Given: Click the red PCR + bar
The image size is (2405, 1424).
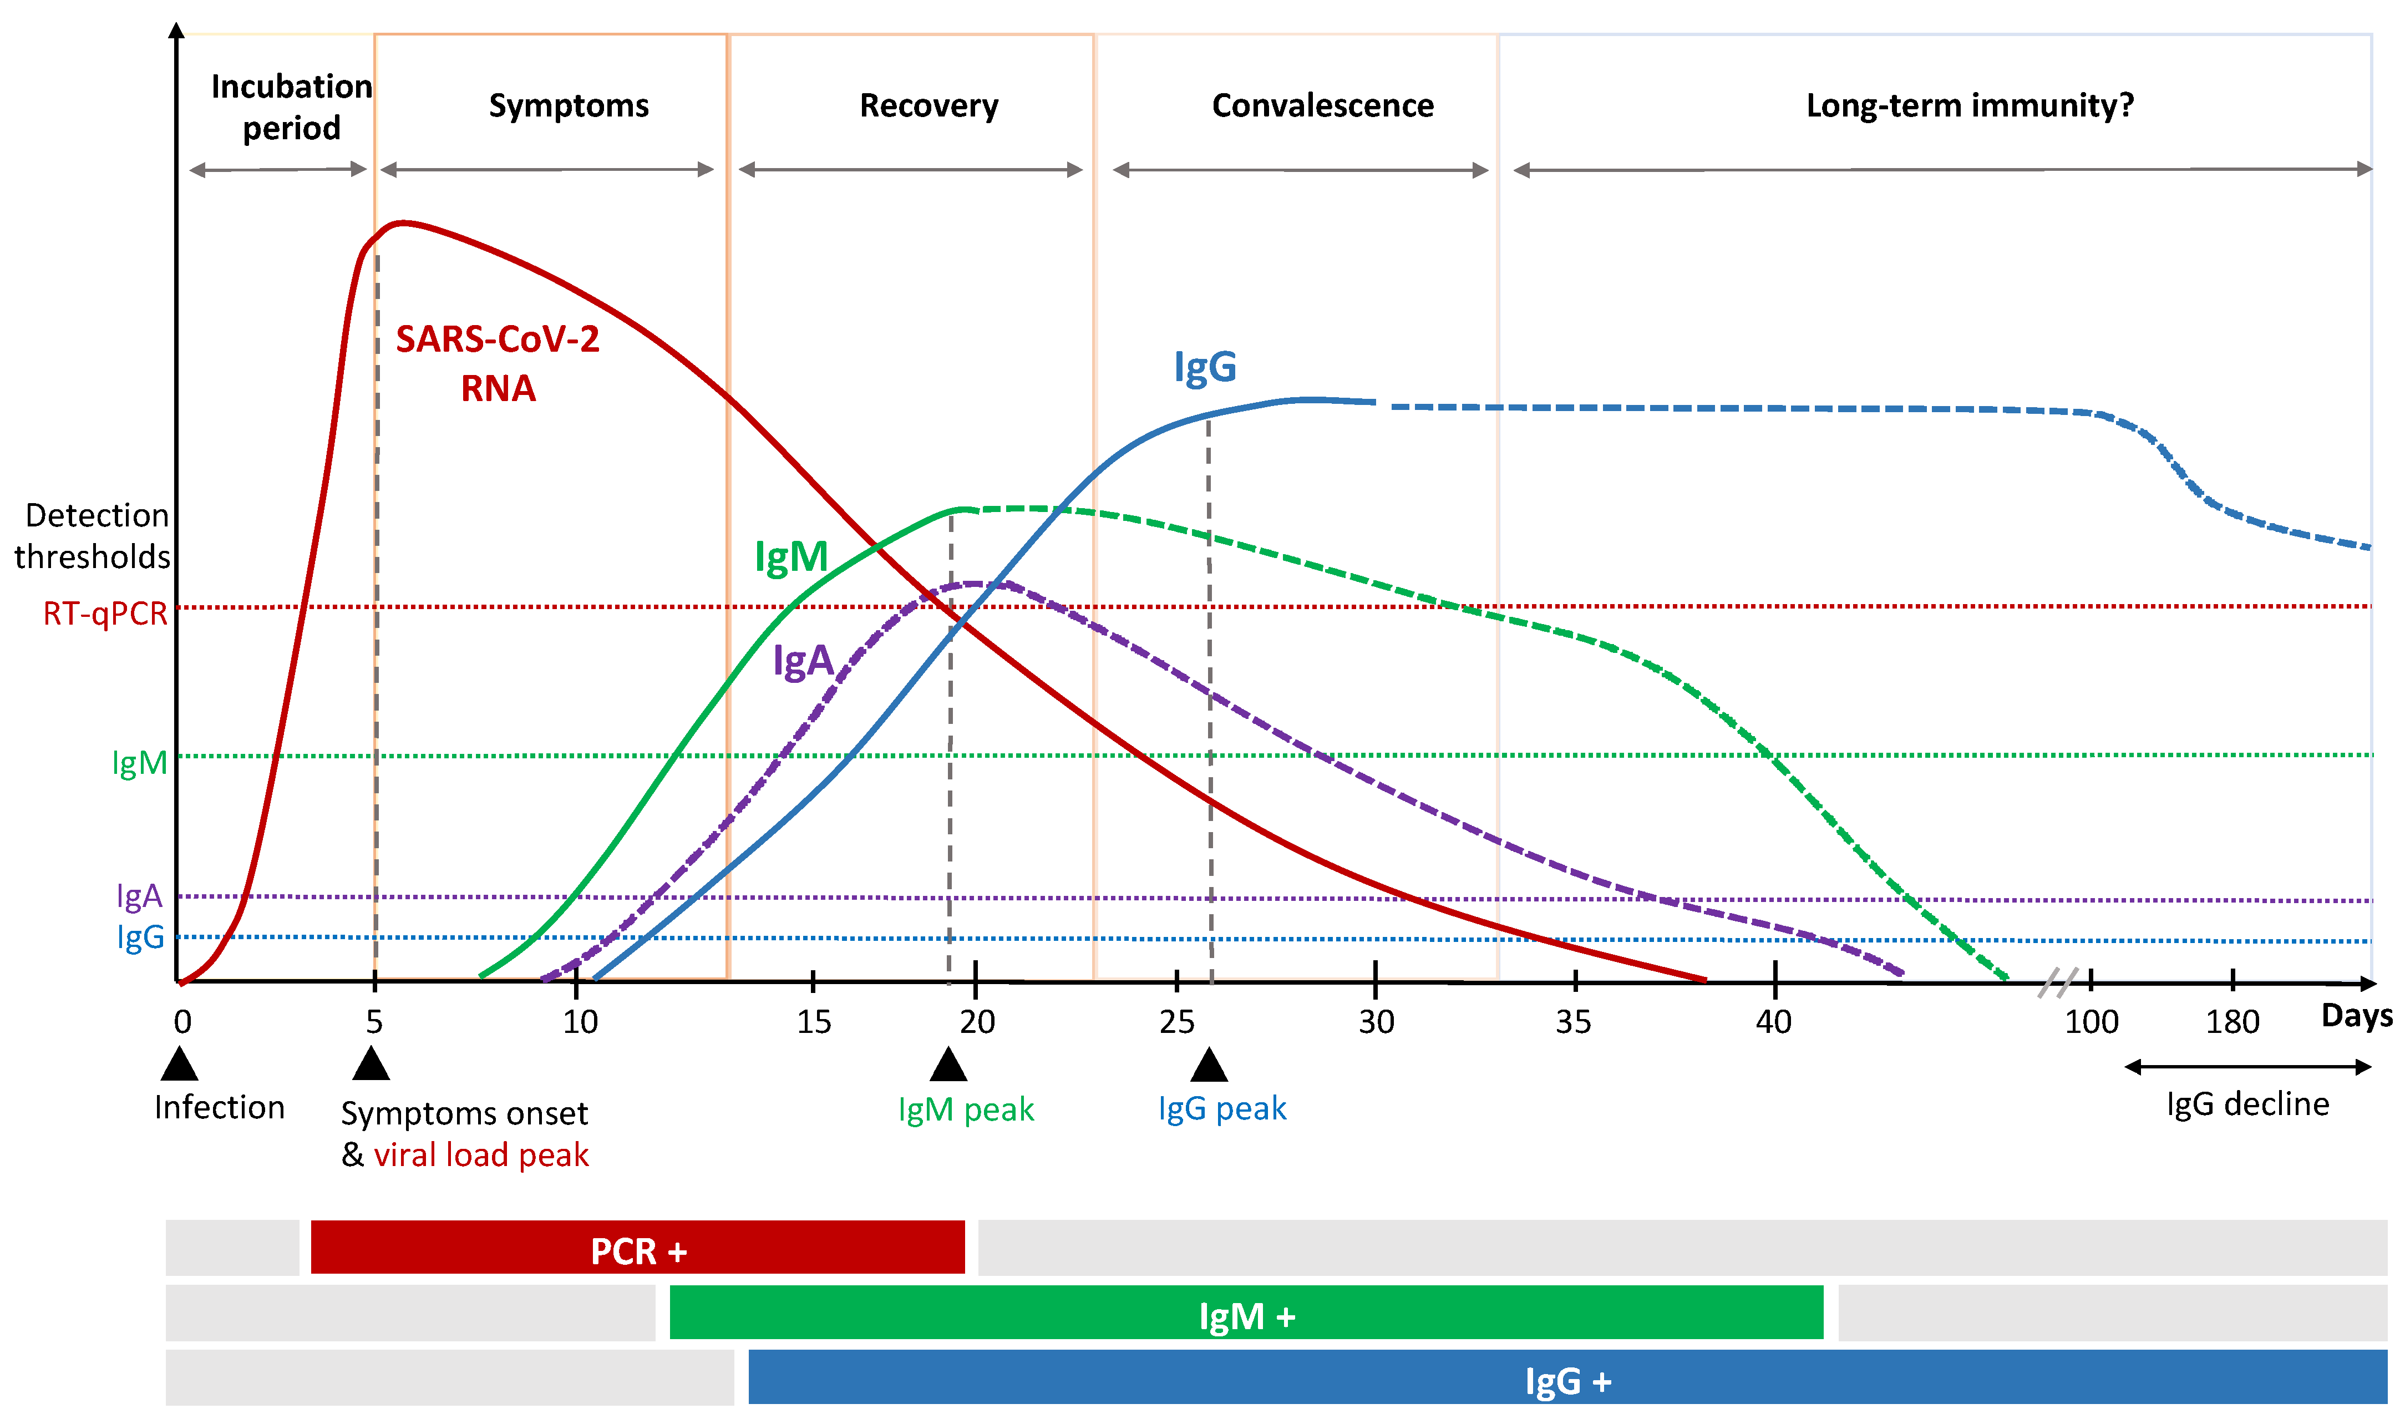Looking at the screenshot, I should [x=638, y=1248].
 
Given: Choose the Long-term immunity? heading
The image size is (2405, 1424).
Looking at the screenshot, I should [x=1970, y=105].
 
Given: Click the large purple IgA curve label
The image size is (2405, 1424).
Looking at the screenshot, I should [x=803, y=661].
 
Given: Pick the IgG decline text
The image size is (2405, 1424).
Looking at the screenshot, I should [x=2247, y=1104].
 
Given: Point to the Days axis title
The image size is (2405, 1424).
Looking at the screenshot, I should [x=2356, y=1015].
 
